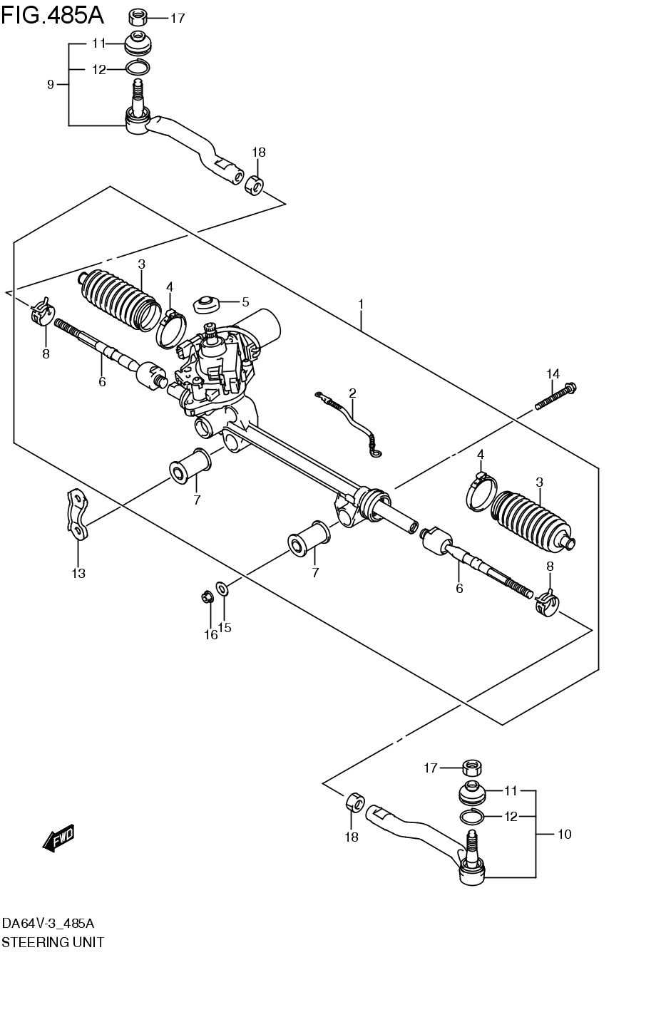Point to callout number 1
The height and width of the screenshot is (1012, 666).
pos(361,304)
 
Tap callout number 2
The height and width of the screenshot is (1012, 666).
pos(352,393)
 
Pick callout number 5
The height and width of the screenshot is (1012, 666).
pos(245,301)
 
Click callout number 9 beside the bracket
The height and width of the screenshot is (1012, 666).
pos(51,85)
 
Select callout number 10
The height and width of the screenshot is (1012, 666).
pos(564,834)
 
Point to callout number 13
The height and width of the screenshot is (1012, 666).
pos(78,573)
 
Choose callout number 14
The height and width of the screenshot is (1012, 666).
pos(553,373)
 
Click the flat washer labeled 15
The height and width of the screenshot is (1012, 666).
pos(223,589)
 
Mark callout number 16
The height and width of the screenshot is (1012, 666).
pos(211,634)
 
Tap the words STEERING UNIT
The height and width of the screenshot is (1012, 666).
pos(53,942)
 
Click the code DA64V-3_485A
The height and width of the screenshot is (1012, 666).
pos(48,924)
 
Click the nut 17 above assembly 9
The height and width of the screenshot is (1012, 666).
pos(138,17)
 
